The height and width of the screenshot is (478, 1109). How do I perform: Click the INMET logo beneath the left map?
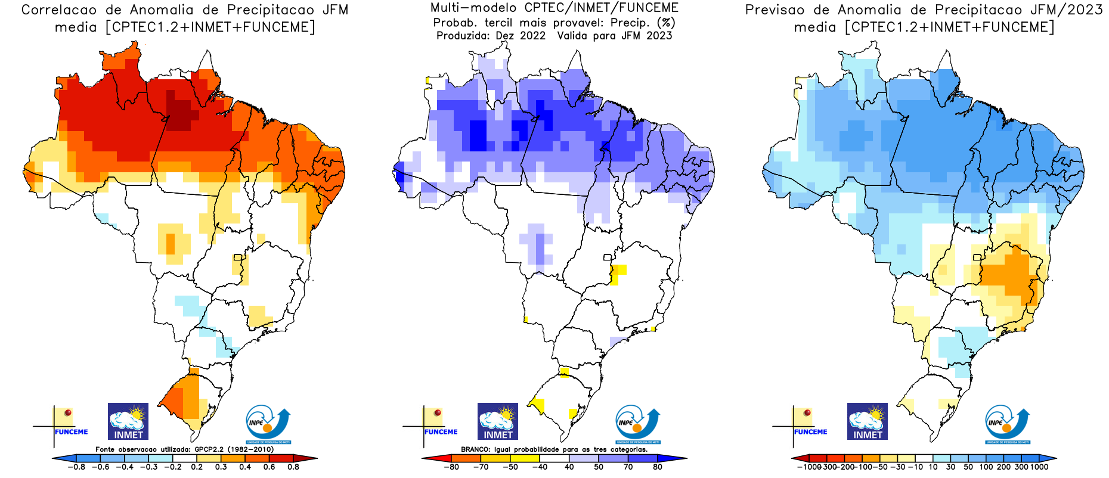point(128,421)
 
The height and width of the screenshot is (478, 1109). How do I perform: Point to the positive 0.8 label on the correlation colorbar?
point(293,467)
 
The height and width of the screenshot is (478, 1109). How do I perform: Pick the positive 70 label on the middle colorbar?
point(628,467)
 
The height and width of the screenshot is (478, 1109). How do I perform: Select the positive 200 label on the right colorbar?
point(1003,467)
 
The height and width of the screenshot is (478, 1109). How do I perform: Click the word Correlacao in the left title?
point(58,10)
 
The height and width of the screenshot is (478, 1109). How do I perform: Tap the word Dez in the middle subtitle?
point(506,36)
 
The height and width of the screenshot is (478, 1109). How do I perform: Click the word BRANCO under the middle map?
point(476,449)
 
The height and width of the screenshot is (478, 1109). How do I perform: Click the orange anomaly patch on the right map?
point(1009,274)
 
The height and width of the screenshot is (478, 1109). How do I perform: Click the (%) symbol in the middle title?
point(665,23)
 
